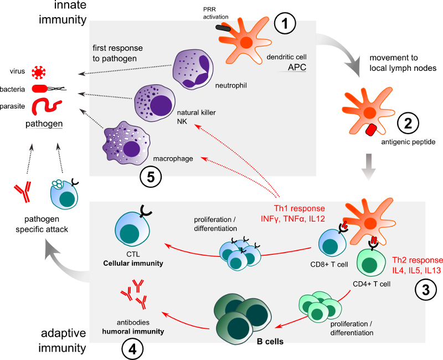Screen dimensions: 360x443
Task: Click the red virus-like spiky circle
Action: (x=38, y=72)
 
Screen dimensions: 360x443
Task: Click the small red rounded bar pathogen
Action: (x=38, y=88)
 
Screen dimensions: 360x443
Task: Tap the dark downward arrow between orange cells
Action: (x=368, y=167)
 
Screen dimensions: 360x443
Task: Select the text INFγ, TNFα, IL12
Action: (x=292, y=219)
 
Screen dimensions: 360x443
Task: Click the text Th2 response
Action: (x=417, y=260)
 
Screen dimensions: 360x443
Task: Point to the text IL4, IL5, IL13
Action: (x=416, y=270)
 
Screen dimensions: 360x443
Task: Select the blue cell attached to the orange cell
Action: (x=332, y=242)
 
